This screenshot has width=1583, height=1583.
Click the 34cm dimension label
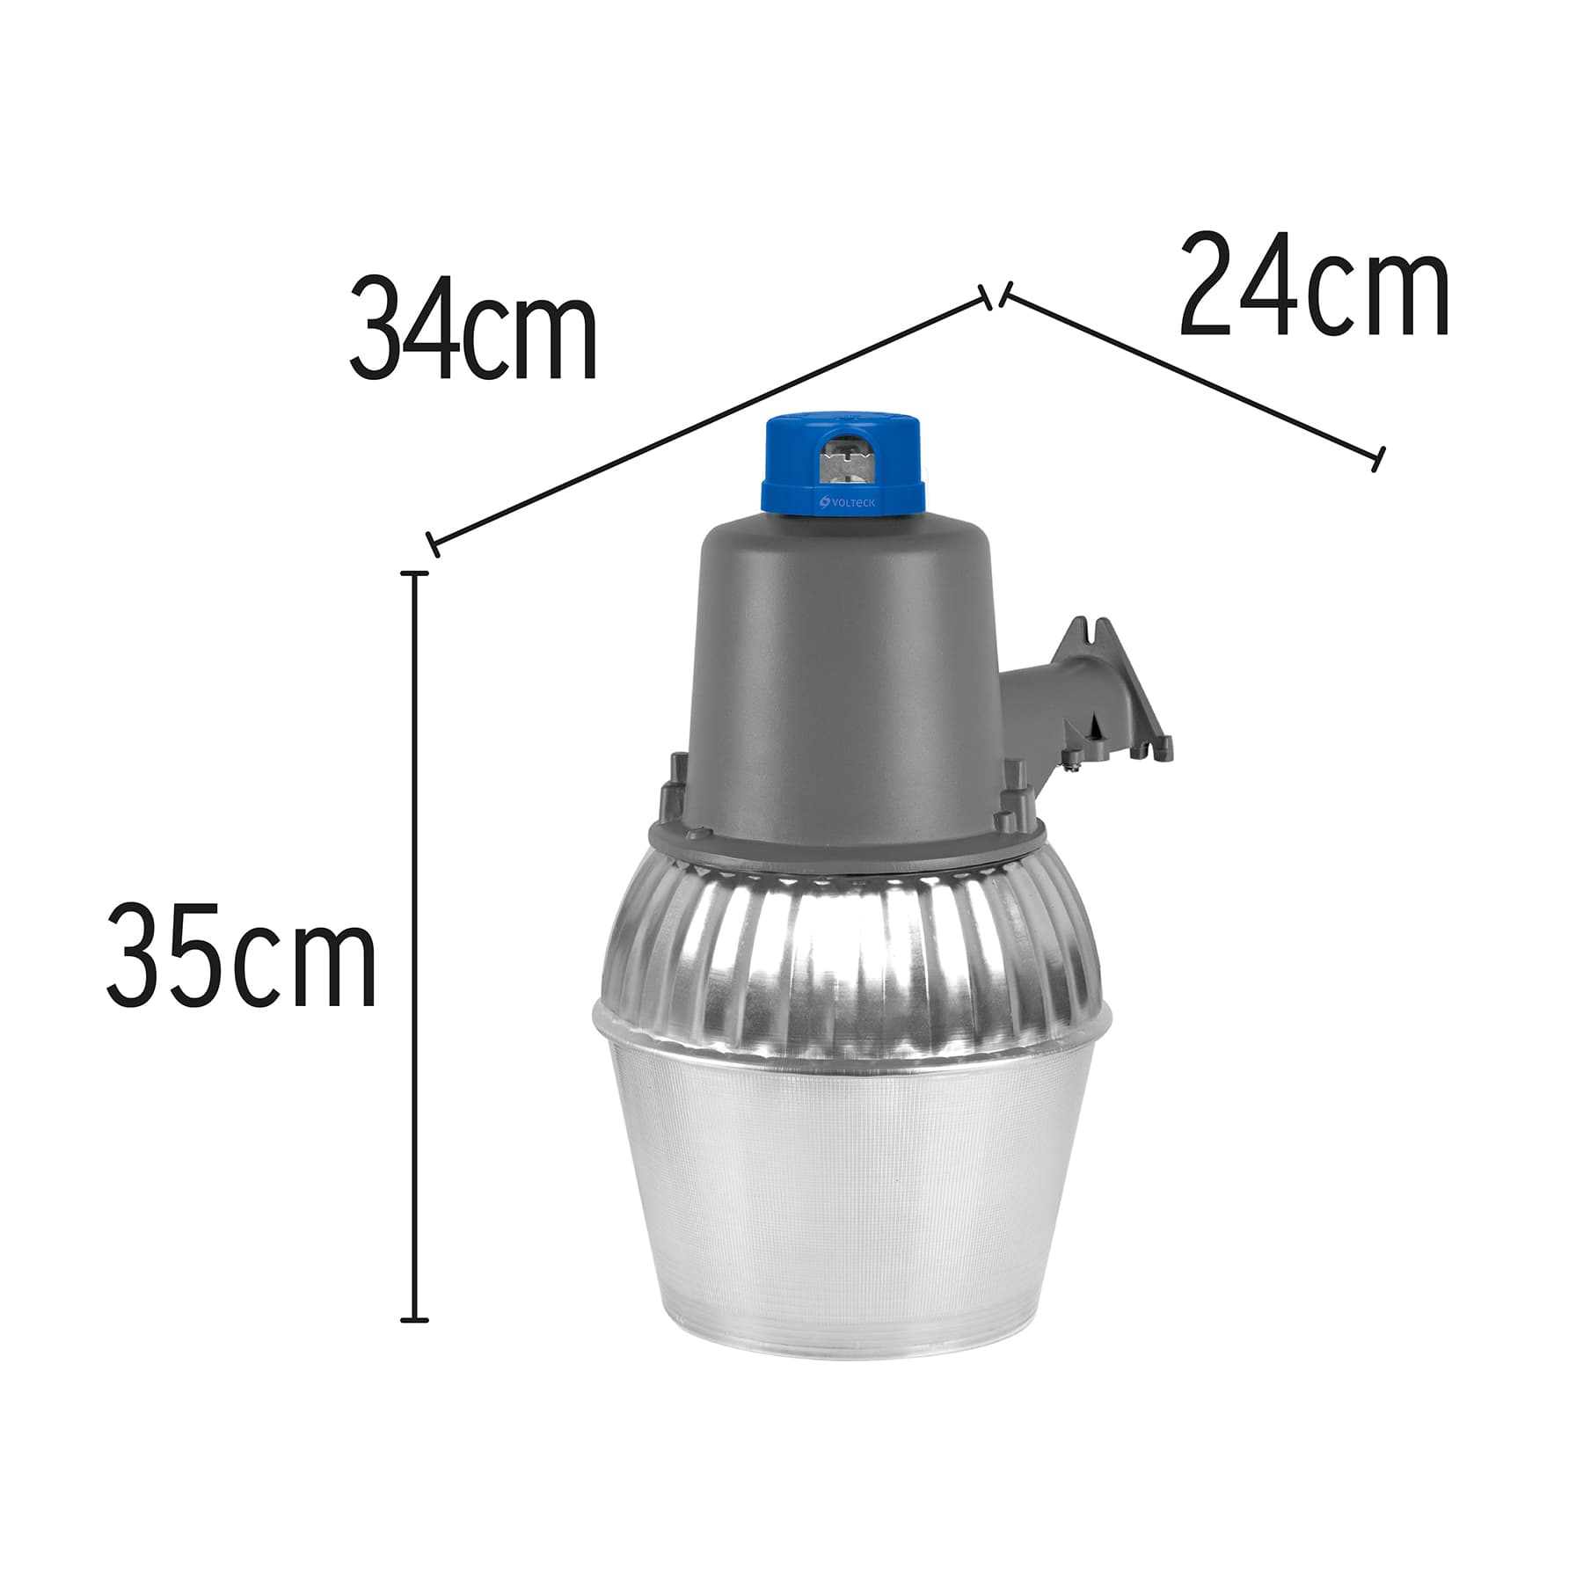tap(473, 327)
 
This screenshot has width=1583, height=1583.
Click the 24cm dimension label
tap(1314, 285)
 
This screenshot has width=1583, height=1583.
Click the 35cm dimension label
tap(242, 953)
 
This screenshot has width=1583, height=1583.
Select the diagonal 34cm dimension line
tap(712, 419)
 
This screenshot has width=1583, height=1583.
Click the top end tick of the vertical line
tap(414, 573)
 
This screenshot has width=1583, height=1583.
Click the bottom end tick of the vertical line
tap(414, 1320)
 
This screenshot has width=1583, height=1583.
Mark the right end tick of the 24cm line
tap(1378, 458)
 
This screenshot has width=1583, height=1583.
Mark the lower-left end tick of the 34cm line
tap(432, 544)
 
